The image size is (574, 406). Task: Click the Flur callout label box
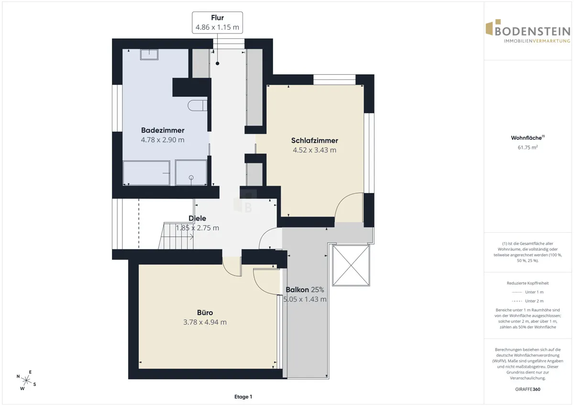217,23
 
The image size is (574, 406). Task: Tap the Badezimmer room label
163,130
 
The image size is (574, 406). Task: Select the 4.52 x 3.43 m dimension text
314,150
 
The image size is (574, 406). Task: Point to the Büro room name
205,312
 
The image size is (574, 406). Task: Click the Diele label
197,218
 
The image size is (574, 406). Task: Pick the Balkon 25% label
305,290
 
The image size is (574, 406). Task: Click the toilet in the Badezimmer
197,105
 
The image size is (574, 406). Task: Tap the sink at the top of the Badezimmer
149,55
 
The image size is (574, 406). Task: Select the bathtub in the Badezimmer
146,173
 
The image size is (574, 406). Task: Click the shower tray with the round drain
191,173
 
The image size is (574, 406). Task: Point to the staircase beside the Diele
176,236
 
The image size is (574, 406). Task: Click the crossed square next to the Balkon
351,265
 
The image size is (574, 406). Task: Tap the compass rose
26,380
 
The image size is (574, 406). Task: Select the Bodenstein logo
528,31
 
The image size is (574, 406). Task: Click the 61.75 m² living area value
528,147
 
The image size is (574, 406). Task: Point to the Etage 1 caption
243,397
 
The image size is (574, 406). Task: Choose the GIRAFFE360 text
528,389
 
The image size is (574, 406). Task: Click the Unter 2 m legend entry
528,301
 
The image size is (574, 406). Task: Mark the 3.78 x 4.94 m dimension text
205,322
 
